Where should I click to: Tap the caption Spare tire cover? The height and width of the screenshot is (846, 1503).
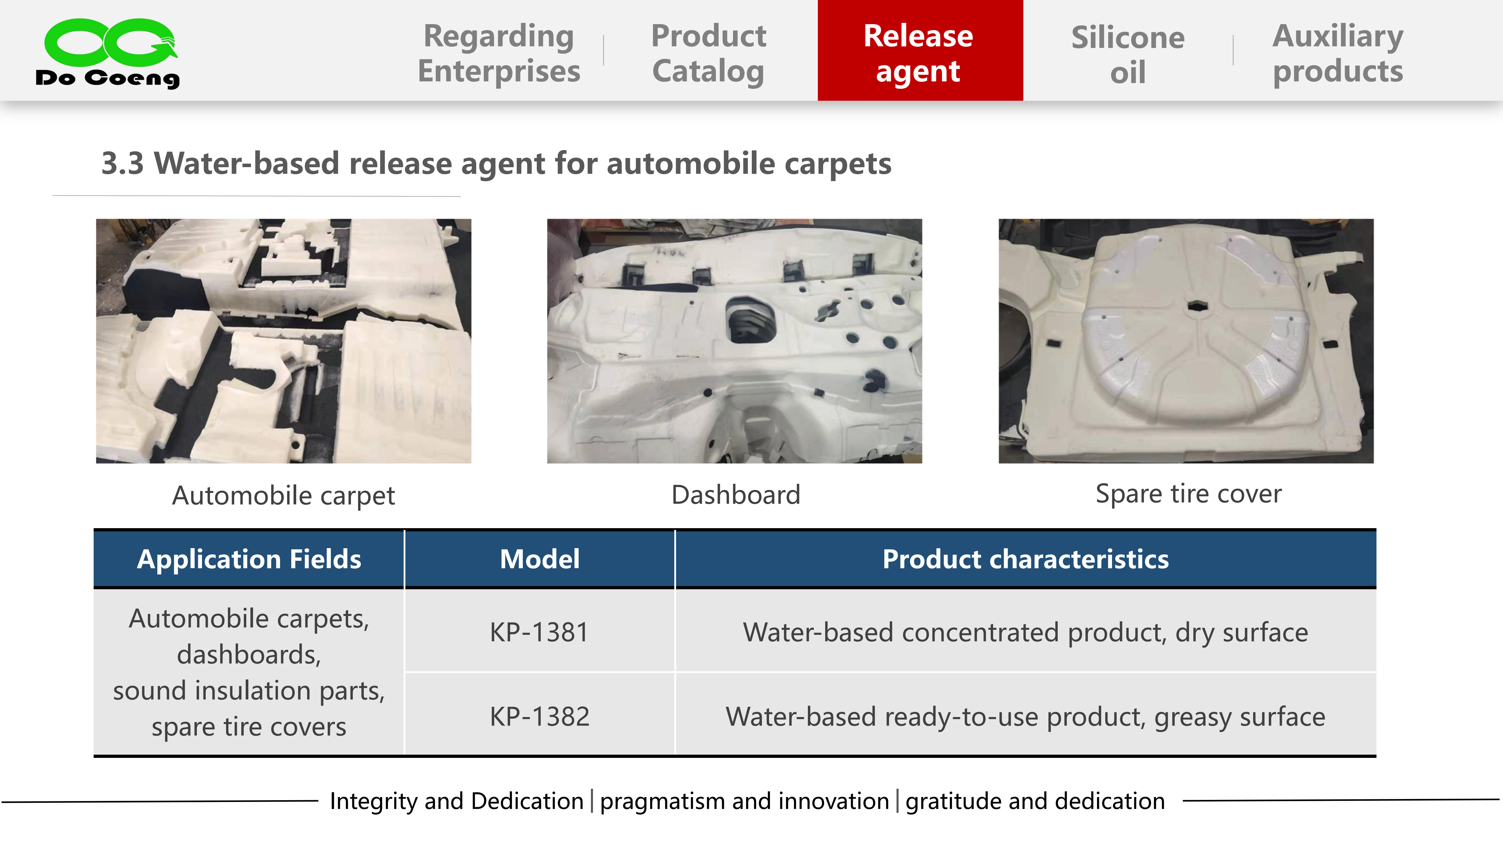pyautogui.click(x=1189, y=494)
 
